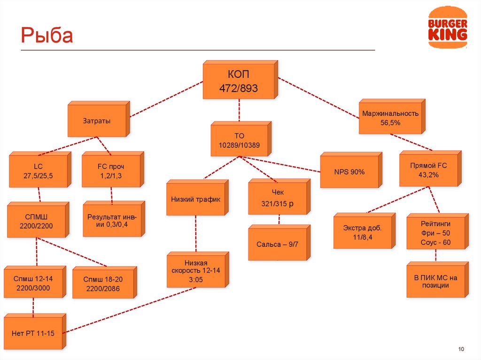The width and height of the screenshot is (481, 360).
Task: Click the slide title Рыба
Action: (x=47, y=36)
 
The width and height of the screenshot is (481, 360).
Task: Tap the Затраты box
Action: (x=97, y=121)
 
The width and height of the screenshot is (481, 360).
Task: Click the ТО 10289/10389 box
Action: (x=239, y=140)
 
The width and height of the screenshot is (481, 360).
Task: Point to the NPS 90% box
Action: (x=349, y=172)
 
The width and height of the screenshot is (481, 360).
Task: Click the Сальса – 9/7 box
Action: (x=277, y=245)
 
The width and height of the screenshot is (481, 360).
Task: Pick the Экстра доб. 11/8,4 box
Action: (x=362, y=232)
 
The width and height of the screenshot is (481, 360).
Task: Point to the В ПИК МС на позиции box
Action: (x=435, y=281)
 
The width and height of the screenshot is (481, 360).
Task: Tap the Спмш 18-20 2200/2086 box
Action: (x=103, y=284)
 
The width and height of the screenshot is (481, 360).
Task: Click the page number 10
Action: (x=461, y=348)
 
